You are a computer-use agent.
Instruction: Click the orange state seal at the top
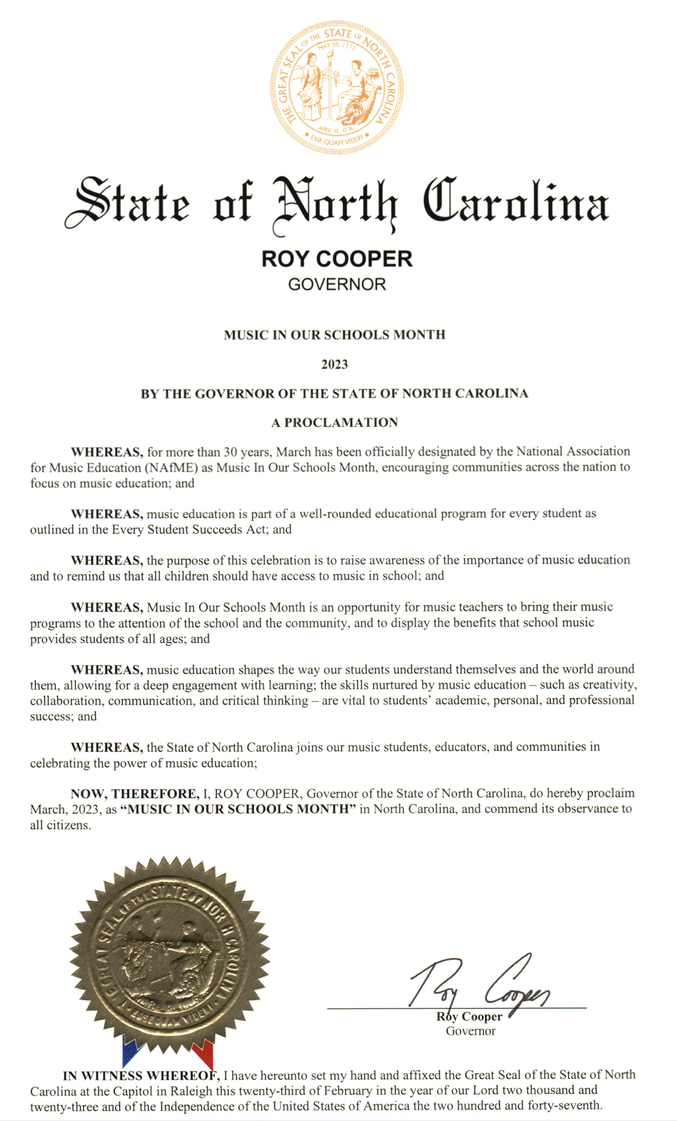pyautogui.click(x=337, y=87)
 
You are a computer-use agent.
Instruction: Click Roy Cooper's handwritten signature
pyautogui.click(x=479, y=982)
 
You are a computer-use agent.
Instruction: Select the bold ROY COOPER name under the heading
pyautogui.click(x=337, y=259)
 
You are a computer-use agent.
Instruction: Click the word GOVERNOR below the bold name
pyautogui.click(x=337, y=285)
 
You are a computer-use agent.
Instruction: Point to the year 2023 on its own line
pyautogui.click(x=334, y=364)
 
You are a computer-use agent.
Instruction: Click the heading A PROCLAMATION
pyautogui.click(x=334, y=423)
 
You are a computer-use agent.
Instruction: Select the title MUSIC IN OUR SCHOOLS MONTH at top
pyautogui.click(x=334, y=335)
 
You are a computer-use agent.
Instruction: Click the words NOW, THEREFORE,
pyautogui.click(x=135, y=793)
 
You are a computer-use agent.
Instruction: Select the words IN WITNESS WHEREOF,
pyautogui.click(x=142, y=1075)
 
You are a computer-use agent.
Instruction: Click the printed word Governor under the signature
pyautogui.click(x=470, y=1031)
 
